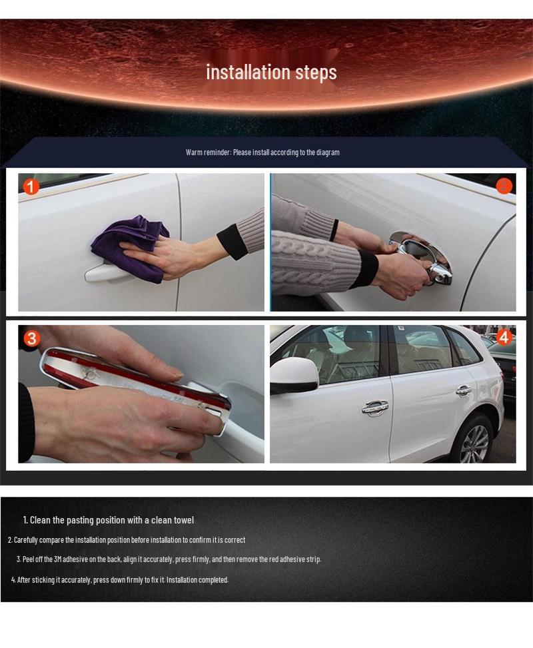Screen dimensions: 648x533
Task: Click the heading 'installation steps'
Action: click(x=271, y=72)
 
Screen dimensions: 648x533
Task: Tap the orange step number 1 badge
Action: click(x=31, y=186)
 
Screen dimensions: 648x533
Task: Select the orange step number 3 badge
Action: click(x=29, y=338)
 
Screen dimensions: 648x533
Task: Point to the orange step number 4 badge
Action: click(x=503, y=337)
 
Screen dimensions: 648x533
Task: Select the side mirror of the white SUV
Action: click(x=293, y=375)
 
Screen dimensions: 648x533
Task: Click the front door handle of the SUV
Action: click(x=375, y=407)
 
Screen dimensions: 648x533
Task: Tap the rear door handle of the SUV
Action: click(x=464, y=390)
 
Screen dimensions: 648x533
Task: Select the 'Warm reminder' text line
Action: click(x=263, y=153)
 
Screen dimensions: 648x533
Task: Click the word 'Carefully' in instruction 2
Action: click(x=27, y=540)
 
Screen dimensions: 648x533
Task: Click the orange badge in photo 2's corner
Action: click(x=504, y=186)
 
